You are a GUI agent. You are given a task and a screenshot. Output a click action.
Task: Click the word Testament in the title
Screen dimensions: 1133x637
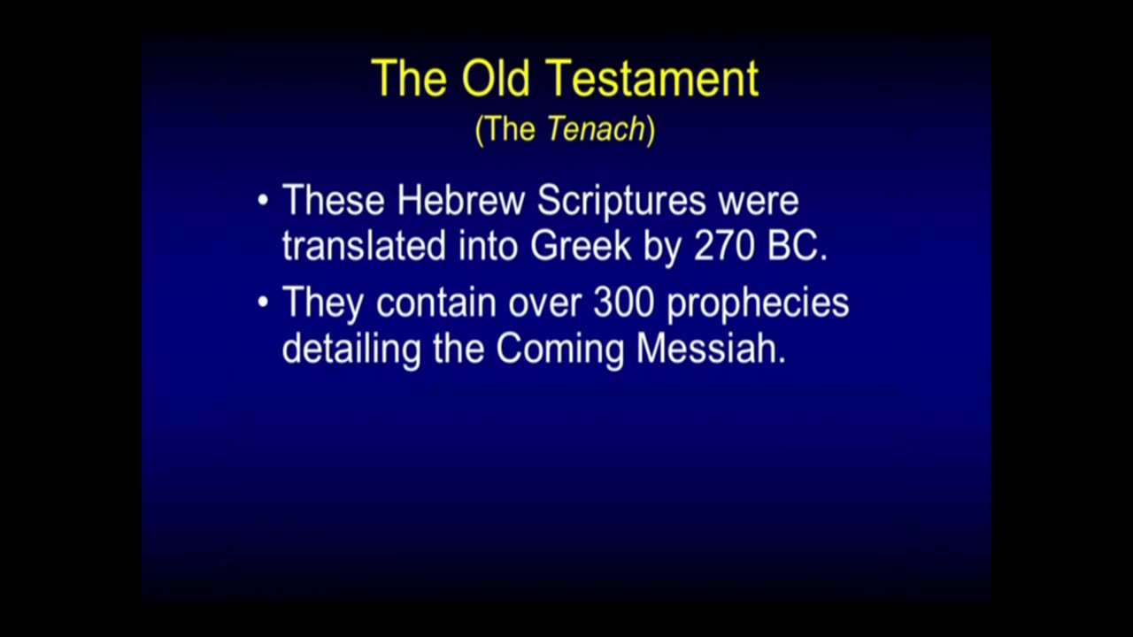point(652,79)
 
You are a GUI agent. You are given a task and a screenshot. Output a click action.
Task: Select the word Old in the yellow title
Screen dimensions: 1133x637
point(497,78)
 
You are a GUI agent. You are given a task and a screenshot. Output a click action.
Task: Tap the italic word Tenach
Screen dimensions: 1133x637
point(597,128)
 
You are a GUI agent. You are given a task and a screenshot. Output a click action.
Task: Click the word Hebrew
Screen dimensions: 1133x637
point(461,200)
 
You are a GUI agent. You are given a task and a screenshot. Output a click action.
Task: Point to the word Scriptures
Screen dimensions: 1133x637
point(621,203)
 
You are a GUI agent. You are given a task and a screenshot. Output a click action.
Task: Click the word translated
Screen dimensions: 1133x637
point(364,246)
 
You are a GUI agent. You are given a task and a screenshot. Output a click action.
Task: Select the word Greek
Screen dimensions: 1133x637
point(581,246)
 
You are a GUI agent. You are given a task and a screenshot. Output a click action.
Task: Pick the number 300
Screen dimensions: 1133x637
point(624,303)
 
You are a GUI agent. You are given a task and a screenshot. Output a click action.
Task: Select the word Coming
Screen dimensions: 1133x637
point(560,350)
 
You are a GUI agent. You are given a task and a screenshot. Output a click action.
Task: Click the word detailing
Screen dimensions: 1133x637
point(351,350)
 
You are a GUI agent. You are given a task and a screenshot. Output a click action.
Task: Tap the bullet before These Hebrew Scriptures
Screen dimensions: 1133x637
point(263,200)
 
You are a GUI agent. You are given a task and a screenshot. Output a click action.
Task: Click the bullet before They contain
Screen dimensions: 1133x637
point(263,303)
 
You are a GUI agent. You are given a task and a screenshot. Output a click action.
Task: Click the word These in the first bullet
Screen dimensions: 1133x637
point(334,200)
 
